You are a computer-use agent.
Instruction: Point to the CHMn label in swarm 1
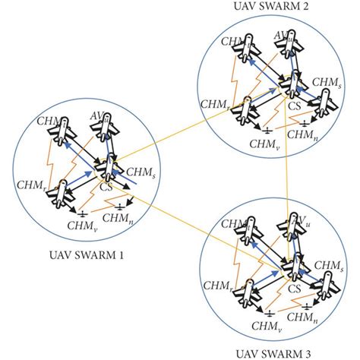tap(114, 218)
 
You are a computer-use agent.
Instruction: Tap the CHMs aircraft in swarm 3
tap(324, 283)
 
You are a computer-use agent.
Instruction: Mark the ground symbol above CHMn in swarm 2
tap(306, 123)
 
